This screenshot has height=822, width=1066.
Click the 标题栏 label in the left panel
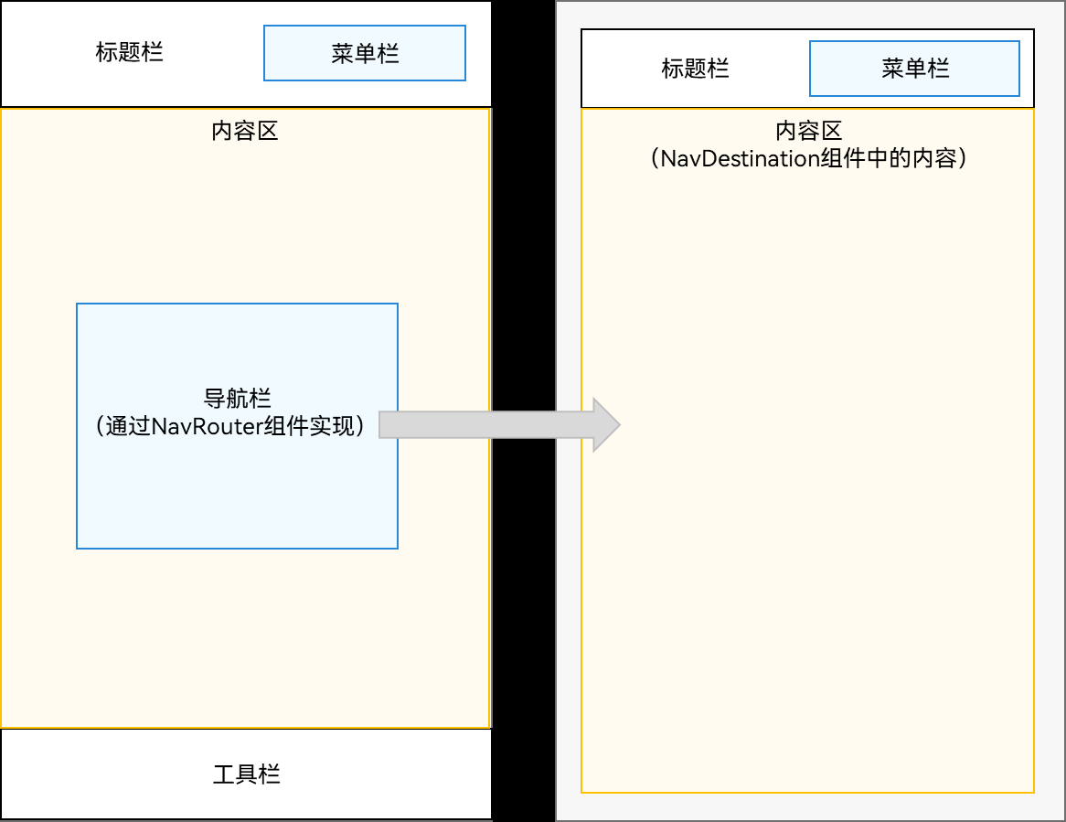click(x=129, y=52)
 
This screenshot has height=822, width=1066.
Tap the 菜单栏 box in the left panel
click(x=365, y=53)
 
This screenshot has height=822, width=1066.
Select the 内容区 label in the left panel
click(x=244, y=131)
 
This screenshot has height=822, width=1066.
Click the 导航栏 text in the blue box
click(x=237, y=400)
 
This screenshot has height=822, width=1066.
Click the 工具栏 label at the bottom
click(x=246, y=775)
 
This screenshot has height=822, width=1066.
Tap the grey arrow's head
click(x=606, y=425)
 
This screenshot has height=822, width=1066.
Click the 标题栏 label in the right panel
click(x=695, y=69)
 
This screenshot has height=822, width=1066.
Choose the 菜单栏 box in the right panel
click(x=914, y=69)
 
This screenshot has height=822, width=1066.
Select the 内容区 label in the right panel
click(x=808, y=132)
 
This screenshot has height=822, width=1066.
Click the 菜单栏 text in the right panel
click(x=915, y=69)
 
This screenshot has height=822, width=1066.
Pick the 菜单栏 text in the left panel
click(x=365, y=53)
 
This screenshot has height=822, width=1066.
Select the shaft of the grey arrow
click(x=485, y=425)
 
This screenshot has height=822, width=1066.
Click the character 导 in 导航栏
click(x=214, y=400)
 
